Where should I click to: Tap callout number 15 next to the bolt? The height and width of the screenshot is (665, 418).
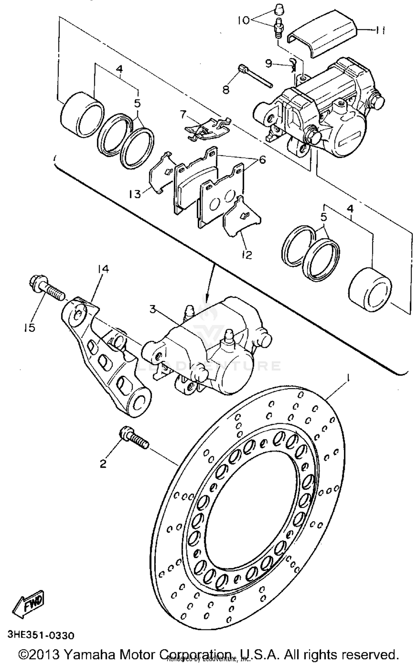click(x=29, y=328)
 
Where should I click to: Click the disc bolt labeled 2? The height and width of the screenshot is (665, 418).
click(x=133, y=439)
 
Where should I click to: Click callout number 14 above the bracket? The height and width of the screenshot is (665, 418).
click(x=103, y=269)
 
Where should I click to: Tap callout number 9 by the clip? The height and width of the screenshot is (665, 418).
click(x=268, y=64)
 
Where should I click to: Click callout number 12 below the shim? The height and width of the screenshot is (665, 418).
click(x=247, y=255)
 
